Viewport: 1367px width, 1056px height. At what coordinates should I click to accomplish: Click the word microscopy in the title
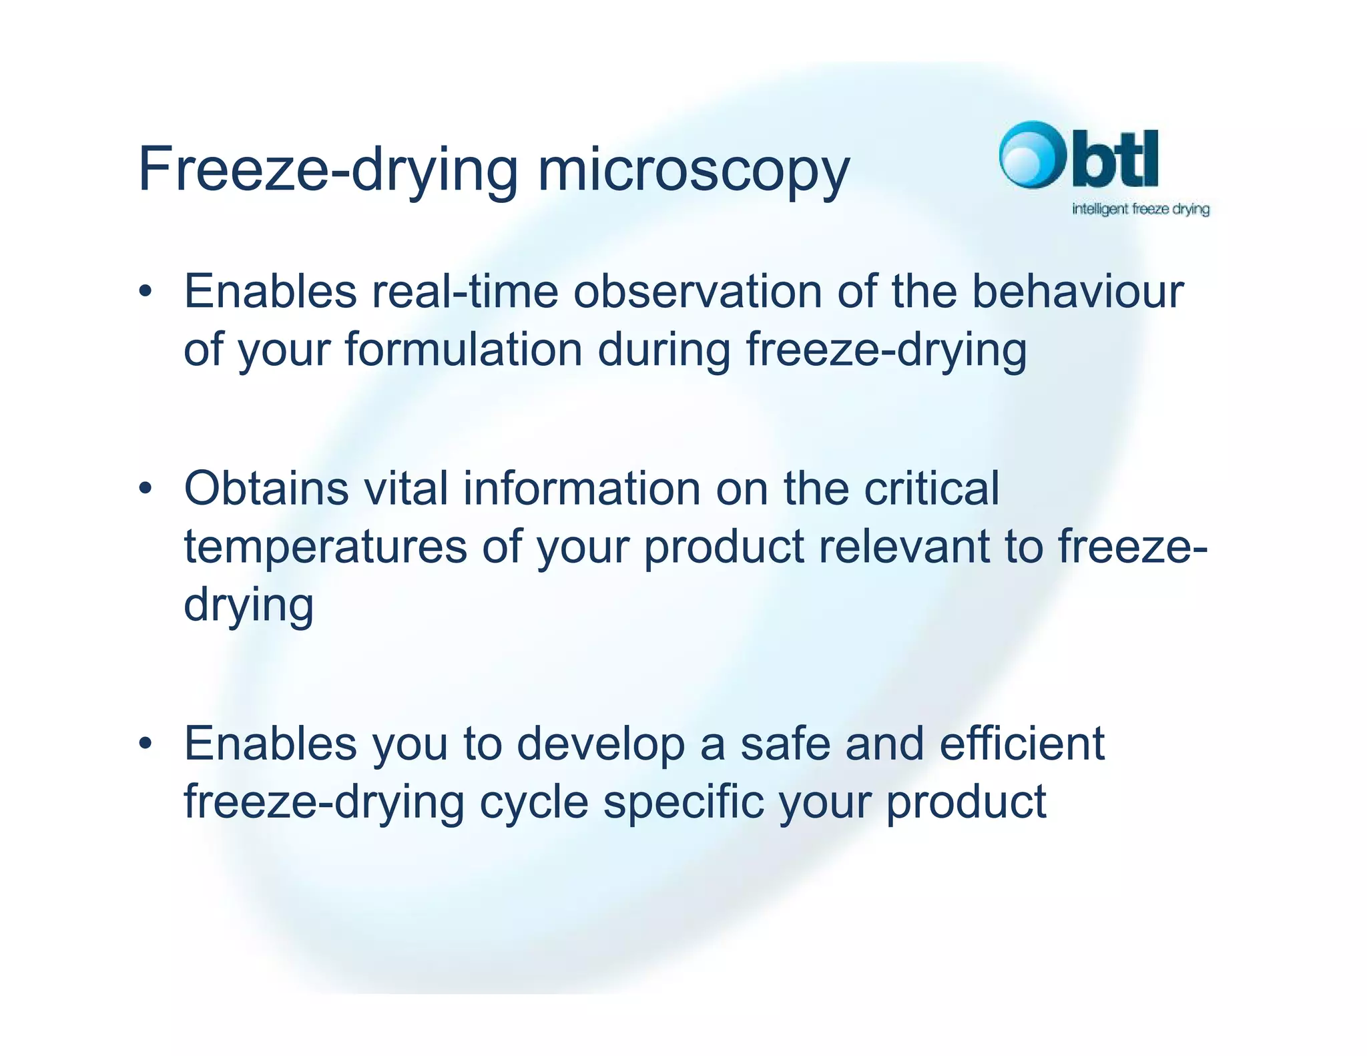tap(693, 170)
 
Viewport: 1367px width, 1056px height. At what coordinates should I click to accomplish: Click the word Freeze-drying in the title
tap(327, 170)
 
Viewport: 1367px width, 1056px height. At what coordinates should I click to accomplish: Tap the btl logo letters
tap(1115, 159)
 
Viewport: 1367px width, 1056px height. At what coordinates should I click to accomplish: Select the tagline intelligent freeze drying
tap(1140, 209)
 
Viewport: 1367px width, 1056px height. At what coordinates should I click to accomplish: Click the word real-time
tap(465, 292)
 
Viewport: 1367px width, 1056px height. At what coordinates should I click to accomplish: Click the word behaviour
tap(1077, 292)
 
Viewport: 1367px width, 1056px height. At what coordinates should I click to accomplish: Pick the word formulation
tap(463, 350)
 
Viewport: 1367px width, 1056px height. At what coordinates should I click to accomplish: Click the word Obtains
tap(266, 489)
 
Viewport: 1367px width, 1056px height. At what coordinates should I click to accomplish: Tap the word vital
tap(406, 489)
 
